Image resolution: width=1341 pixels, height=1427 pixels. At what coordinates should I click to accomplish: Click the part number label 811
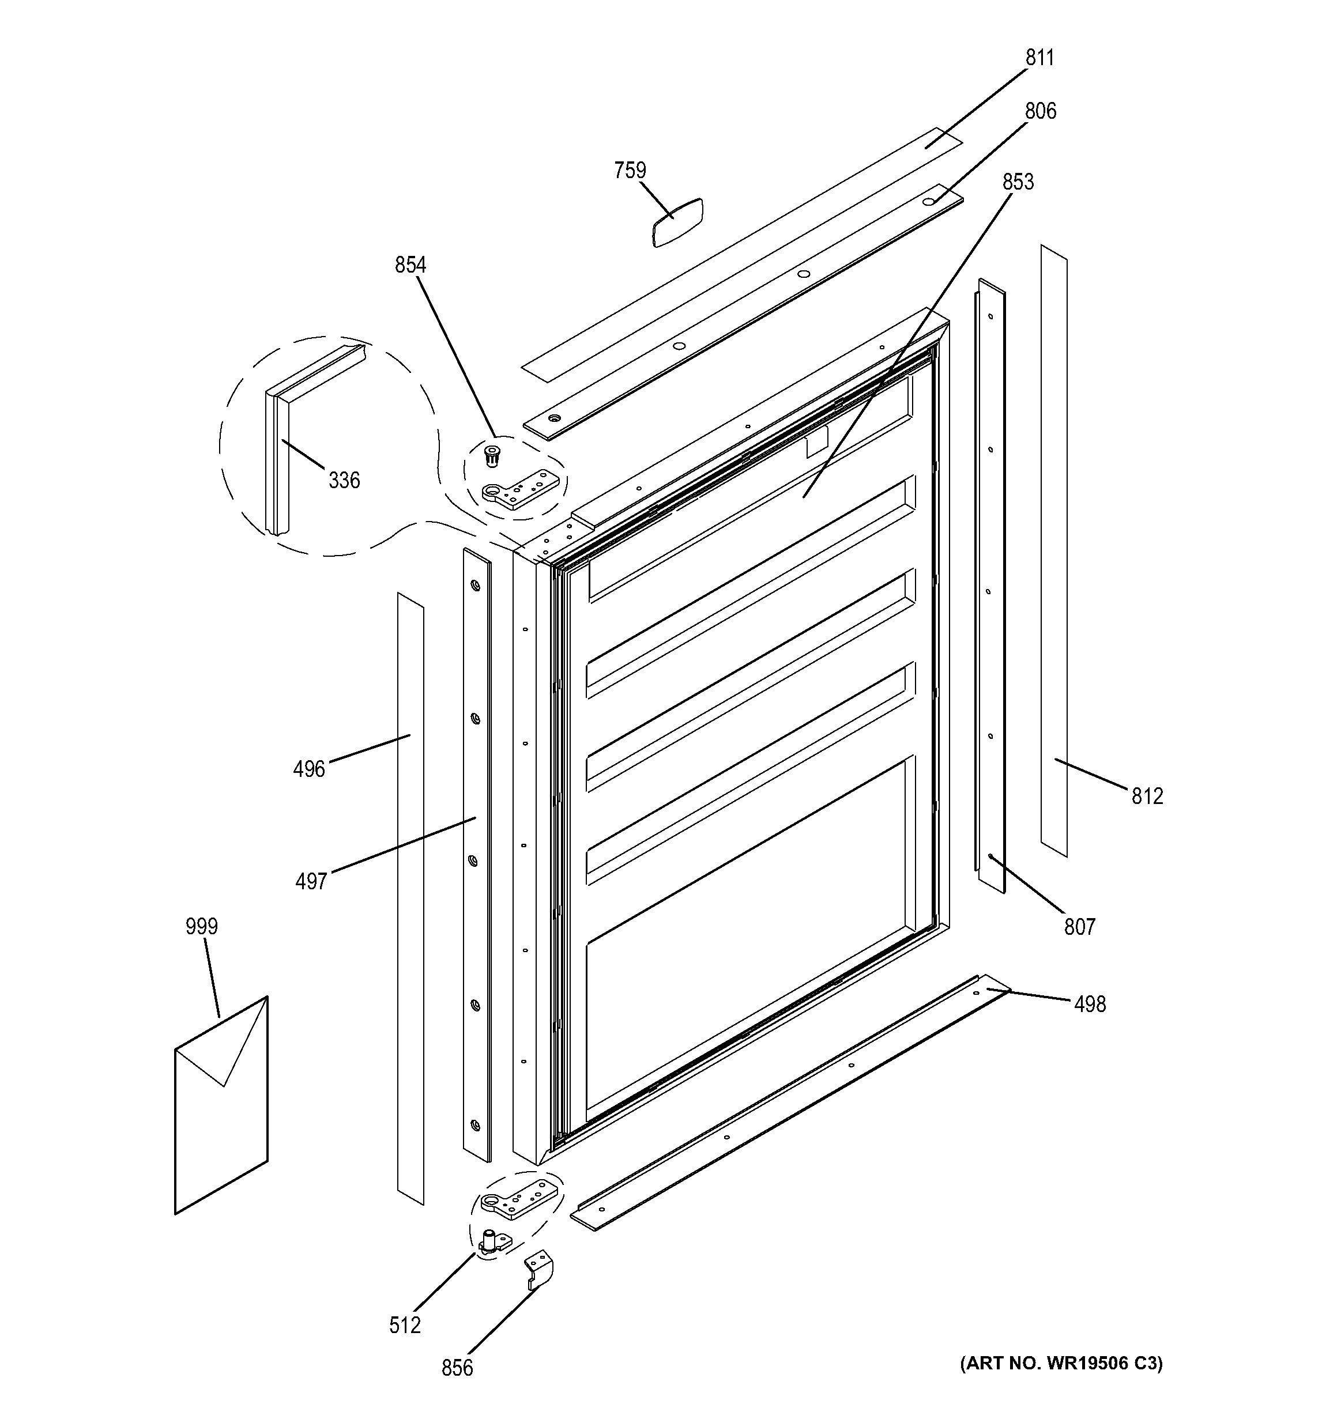click(x=1039, y=58)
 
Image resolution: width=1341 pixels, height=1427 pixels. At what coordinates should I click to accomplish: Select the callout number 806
click(x=1039, y=111)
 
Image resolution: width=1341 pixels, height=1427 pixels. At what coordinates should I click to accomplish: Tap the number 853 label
click(x=1018, y=182)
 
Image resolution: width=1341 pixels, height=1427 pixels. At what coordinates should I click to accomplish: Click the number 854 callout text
click(x=410, y=266)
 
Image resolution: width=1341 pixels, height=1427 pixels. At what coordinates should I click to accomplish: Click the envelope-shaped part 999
click(x=221, y=1105)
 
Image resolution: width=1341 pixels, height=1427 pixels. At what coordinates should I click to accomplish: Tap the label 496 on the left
click(x=308, y=769)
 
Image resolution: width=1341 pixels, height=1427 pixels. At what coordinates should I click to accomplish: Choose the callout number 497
click(x=311, y=881)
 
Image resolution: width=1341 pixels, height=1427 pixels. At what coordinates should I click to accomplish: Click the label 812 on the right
click(x=1147, y=796)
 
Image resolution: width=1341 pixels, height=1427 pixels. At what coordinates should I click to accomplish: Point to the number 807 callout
click(x=1079, y=927)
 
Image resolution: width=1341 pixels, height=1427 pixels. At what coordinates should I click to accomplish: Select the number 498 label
click(x=1089, y=1004)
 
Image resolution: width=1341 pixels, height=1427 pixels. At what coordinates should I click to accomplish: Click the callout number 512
click(x=404, y=1325)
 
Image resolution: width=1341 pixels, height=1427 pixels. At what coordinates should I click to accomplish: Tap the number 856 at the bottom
click(x=457, y=1368)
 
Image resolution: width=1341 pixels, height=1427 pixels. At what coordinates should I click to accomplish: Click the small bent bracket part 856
click(x=539, y=1270)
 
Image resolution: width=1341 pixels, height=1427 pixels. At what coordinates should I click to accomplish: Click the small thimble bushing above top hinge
click(x=492, y=454)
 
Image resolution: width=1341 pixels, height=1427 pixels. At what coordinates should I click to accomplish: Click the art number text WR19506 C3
click(x=1061, y=1363)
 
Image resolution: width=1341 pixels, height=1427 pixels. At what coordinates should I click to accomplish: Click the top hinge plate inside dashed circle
click(x=521, y=489)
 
